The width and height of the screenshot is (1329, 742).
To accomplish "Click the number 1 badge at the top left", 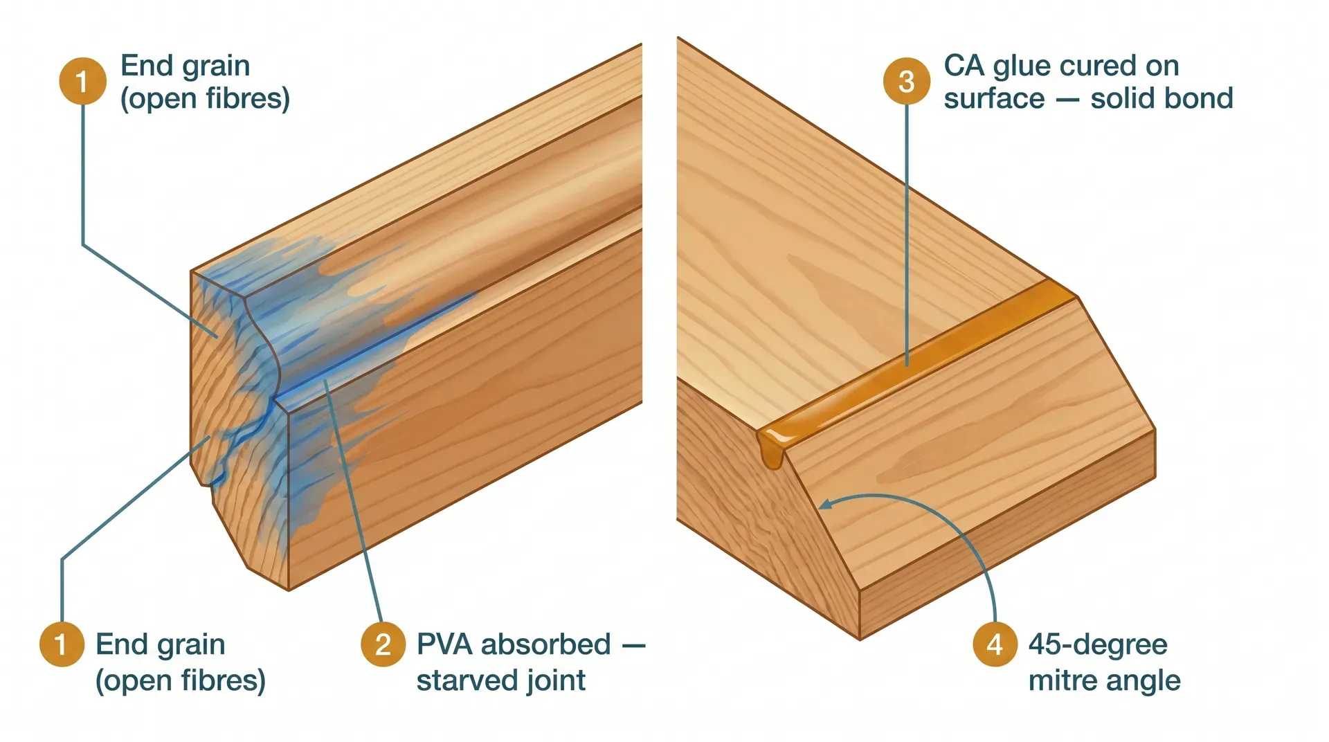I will click(82, 81).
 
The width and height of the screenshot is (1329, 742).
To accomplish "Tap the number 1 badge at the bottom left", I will click(62, 644).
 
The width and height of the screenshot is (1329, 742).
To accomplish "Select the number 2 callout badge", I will click(383, 644).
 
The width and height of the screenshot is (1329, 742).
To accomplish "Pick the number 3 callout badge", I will click(906, 81).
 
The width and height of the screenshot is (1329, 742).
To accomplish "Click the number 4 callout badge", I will click(995, 644).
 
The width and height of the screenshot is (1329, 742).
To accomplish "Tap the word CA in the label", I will click(964, 66).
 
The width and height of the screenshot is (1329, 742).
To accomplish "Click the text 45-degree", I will click(1098, 644).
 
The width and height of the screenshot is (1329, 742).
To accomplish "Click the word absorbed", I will click(546, 644).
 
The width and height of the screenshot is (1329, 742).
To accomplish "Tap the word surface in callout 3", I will click(994, 98).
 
